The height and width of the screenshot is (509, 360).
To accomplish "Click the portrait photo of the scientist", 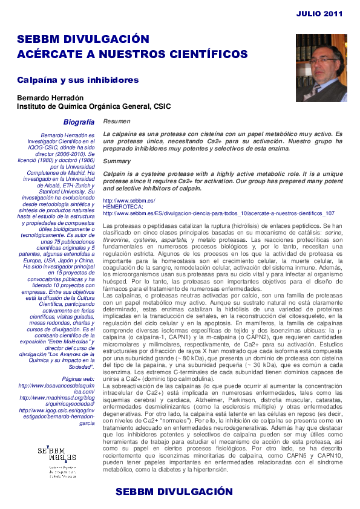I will [x=321, y=67].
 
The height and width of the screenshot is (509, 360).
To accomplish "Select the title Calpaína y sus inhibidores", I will [x=77, y=80].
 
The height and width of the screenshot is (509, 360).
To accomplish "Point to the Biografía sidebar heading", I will [x=79, y=122].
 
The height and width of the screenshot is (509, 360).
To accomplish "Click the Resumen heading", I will [x=116, y=122].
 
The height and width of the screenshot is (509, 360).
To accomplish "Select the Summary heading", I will [x=117, y=161].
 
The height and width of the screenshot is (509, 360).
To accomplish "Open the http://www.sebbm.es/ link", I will [x=129, y=201].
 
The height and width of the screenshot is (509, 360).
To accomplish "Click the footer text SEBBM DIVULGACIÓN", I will [x=174, y=491].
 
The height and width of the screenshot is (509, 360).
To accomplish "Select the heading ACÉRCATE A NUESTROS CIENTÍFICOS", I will [x=132, y=54].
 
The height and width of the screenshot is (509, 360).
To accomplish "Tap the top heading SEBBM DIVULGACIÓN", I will [x=83, y=40].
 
